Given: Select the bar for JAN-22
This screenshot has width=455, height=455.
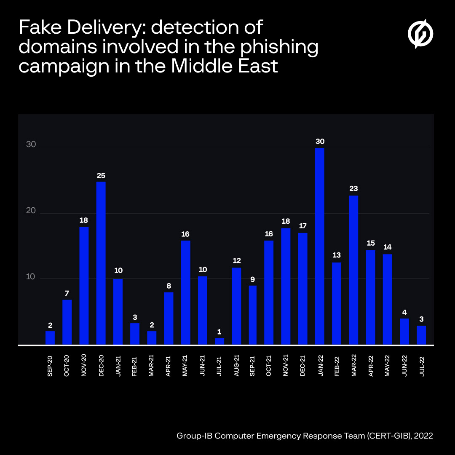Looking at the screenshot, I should point(320,246).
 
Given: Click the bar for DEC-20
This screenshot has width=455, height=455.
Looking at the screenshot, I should point(101,263).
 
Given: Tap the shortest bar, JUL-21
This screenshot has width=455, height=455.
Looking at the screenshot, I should point(219,342).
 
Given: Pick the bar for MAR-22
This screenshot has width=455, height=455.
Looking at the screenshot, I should point(353,270).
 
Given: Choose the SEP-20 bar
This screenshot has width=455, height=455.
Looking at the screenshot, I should point(50,338).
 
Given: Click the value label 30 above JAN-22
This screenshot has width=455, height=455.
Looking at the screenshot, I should point(320,142).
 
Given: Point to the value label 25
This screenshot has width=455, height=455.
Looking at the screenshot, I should point(101,175).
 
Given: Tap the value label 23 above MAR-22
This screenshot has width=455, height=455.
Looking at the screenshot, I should point(353,189).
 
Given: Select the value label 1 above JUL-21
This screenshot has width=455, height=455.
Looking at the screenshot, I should point(219,332).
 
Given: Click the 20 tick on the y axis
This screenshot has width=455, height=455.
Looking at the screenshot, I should point(31,210).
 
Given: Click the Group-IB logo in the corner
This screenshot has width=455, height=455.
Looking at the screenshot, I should point(420,33).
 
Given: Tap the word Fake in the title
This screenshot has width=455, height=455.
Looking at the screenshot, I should point(39,28).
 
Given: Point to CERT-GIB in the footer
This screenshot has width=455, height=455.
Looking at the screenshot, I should point(388,436).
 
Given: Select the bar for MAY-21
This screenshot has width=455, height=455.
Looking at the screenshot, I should point(185,293).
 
